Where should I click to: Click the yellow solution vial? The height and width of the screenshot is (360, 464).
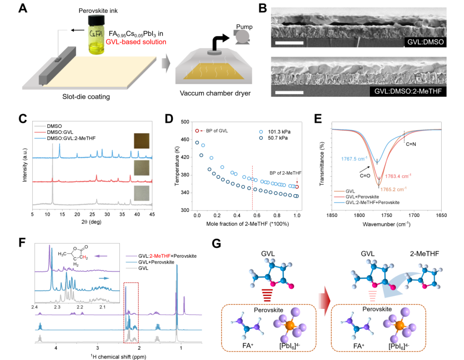(x=97, y=35)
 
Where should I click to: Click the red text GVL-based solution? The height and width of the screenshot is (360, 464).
(x=136, y=42)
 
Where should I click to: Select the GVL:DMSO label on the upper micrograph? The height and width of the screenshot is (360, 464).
(x=425, y=42)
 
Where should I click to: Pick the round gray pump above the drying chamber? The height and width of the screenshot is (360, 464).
(x=242, y=36)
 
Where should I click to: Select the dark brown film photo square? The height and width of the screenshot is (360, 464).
(x=142, y=140)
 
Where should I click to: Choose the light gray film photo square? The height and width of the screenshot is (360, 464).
(x=142, y=194)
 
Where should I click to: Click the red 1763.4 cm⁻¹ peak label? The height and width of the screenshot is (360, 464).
(x=397, y=176)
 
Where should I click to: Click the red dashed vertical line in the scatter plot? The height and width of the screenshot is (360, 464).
(x=252, y=189)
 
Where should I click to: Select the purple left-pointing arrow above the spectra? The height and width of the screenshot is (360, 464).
(x=101, y=256)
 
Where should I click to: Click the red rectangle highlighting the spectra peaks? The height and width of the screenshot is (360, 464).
(x=131, y=313)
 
